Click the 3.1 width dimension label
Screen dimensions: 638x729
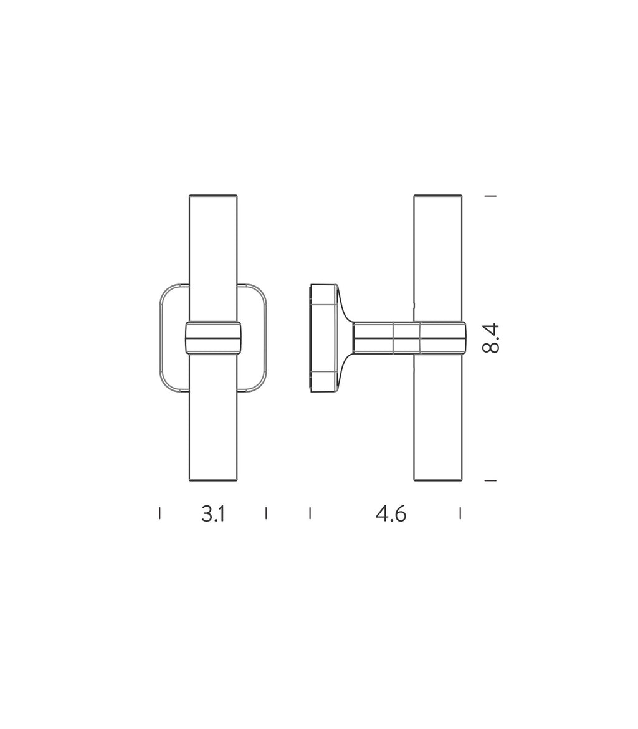[x=214, y=514]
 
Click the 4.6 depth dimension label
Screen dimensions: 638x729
[x=391, y=514]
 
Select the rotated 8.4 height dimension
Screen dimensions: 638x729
[x=491, y=338]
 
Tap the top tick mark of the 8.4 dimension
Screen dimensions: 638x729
[x=490, y=196]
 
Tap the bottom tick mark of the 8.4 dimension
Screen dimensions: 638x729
[x=490, y=480]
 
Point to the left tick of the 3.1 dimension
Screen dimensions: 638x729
[x=159, y=513]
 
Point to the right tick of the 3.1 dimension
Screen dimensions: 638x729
[x=266, y=513]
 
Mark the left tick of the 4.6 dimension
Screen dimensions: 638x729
[x=310, y=513]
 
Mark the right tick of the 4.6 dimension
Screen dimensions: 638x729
[x=460, y=513]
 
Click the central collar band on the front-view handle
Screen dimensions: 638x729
[x=214, y=338]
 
